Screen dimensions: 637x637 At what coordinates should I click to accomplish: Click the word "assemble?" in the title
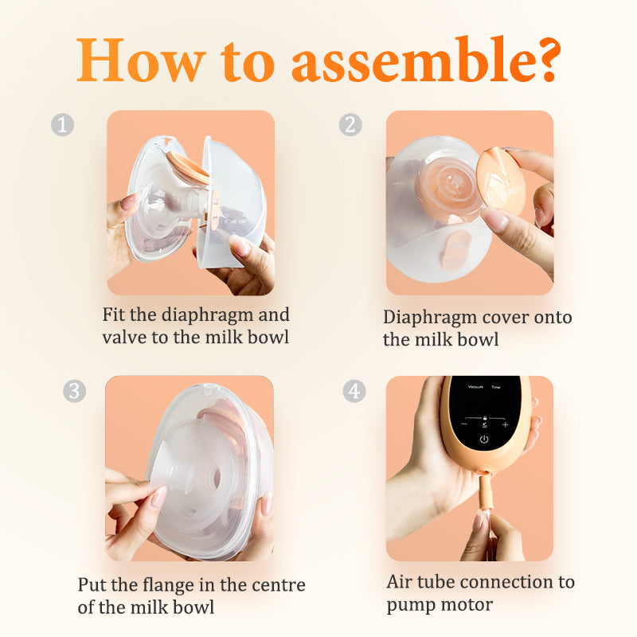click(427, 60)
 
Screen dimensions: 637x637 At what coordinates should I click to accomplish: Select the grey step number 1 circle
click(63, 124)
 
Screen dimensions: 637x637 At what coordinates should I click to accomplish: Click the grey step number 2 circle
click(350, 124)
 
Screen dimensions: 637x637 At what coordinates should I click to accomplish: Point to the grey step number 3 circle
click(74, 391)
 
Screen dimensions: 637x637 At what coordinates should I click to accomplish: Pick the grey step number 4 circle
click(354, 391)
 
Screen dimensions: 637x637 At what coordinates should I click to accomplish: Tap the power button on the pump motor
click(484, 440)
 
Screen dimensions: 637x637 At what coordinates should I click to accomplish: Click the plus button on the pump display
click(505, 425)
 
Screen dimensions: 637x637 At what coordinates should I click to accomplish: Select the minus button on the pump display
click(464, 424)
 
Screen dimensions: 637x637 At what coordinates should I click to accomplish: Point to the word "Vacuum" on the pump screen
click(475, 387)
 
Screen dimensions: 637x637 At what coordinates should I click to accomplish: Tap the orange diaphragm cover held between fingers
click(501, 181)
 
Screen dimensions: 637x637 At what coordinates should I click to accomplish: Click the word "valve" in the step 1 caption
click(125, 337)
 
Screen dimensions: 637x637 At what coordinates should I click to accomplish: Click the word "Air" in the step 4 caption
click(400, 582)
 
